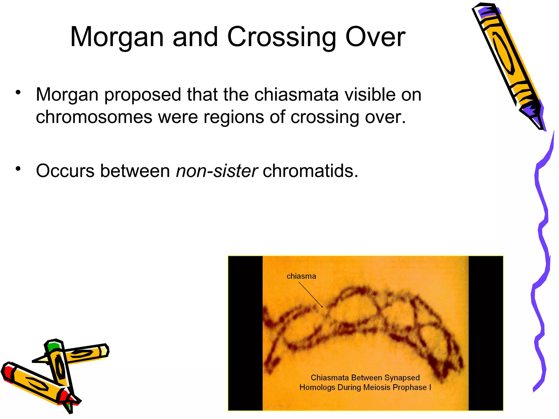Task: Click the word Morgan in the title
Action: [x=117, y=37]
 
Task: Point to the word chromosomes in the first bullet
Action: [x=94, y=117]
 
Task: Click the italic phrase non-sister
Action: [x=217, y=171]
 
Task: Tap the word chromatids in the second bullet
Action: [x=310, y=171]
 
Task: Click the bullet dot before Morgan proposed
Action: [x=18, y=92]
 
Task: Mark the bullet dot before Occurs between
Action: [x=18, y=169]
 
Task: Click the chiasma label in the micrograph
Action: [x=301, y=276]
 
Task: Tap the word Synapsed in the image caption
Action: [x=402, y=378]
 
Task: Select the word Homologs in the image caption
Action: [x=317, y=387]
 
